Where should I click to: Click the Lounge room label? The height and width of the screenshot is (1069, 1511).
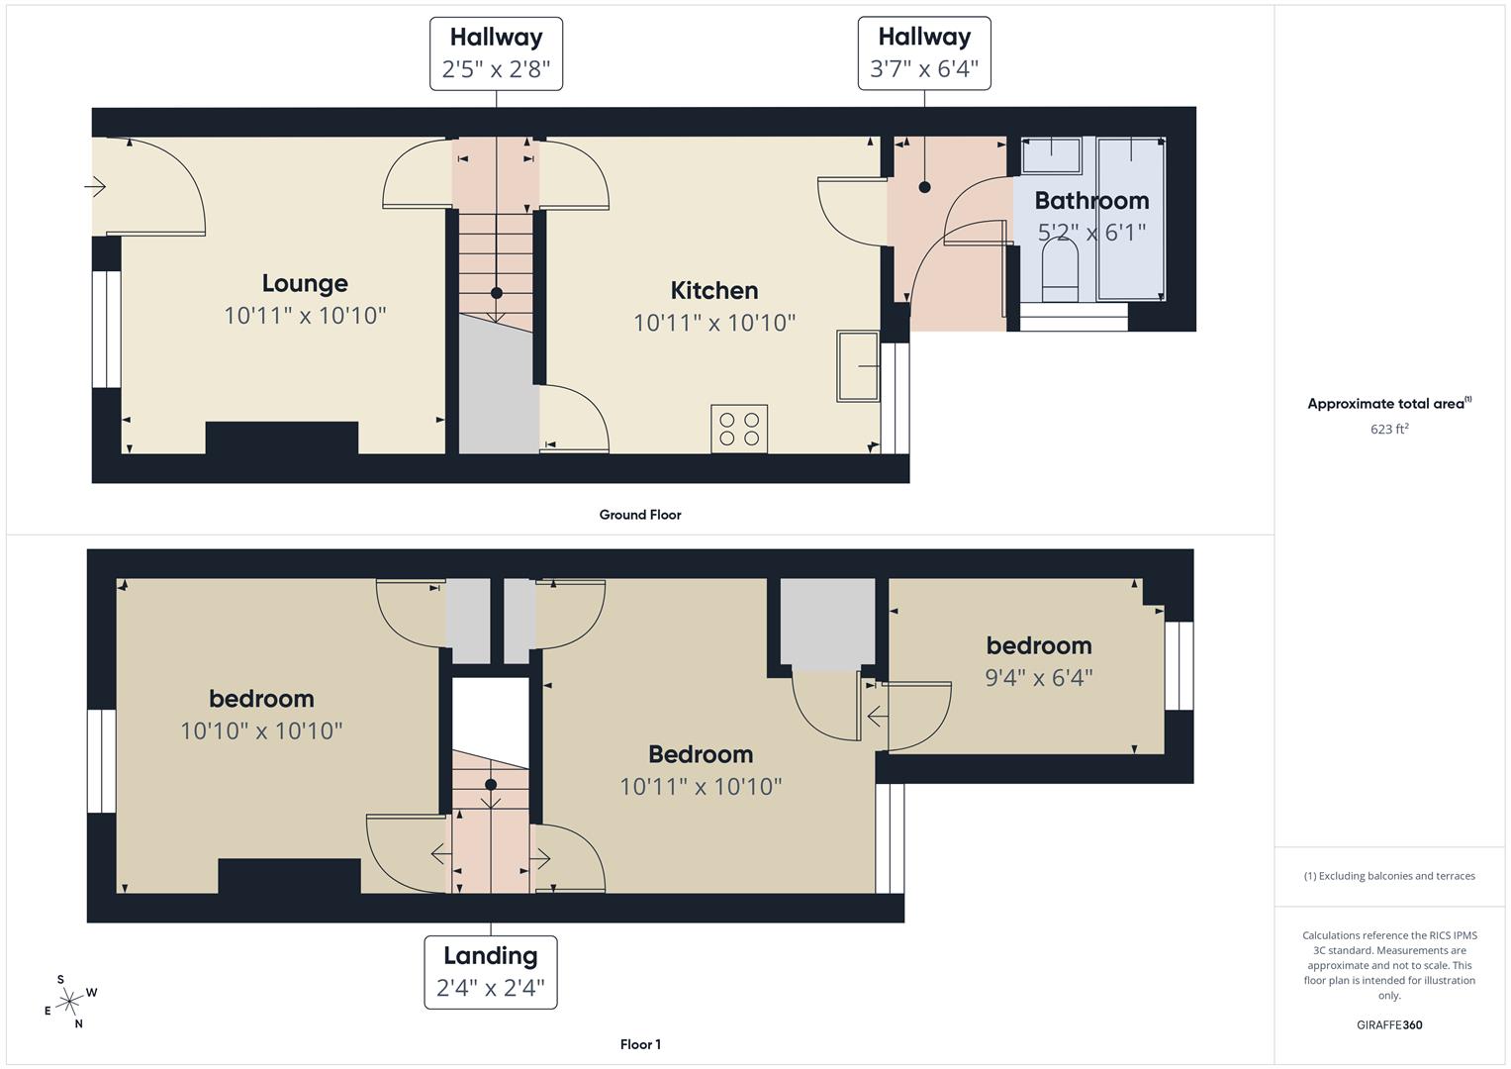pos(305,284)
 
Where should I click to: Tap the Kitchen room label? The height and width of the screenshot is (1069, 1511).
pos(713,291)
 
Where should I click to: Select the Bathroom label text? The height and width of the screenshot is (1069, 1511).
pos(1091,201)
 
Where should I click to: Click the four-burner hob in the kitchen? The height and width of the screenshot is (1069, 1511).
pos(739,430)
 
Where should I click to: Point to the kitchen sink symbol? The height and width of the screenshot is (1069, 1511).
pos(858,366)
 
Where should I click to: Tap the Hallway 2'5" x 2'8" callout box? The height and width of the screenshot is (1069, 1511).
pos(496,53)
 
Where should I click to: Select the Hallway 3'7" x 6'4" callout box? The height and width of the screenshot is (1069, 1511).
pos(923,53)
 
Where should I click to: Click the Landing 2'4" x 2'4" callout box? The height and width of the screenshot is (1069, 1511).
pos(490,972)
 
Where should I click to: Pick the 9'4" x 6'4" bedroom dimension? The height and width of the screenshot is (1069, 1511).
pos(1038,678)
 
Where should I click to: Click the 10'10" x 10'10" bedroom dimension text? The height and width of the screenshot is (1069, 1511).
pos(261,731)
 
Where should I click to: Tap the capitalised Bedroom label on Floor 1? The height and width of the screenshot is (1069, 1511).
pos(701,754)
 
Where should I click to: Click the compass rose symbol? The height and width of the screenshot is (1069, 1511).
pos(68,1002)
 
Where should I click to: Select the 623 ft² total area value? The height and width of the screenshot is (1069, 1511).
pos(1389,430)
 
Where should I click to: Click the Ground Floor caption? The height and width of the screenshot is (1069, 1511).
pos(640,515)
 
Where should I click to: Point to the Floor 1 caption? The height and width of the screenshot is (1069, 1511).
pos(640,1044)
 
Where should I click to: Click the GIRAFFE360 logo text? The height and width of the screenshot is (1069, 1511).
pos(1389,1024)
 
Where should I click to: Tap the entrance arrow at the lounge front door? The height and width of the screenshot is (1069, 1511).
pos(95,186)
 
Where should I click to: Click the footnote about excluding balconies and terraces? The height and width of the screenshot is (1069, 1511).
pos(1389,876)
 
